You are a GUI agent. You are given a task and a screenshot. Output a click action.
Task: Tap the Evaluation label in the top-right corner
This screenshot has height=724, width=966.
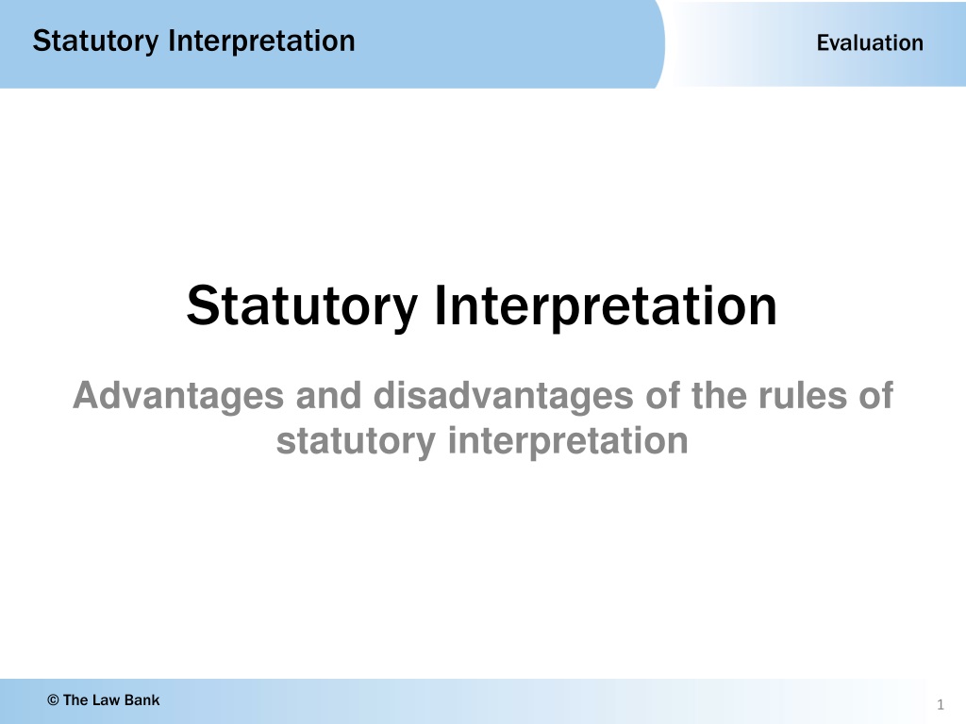870,42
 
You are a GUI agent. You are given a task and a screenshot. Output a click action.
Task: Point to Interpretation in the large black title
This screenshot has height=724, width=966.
606,306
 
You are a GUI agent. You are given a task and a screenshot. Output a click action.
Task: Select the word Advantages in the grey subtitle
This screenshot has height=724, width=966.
178,396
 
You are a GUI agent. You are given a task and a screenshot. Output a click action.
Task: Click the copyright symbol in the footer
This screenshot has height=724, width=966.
53,700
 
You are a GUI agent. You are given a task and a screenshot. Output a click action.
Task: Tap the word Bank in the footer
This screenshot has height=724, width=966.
142,700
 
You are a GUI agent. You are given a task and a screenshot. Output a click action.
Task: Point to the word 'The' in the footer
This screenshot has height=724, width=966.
76,700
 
